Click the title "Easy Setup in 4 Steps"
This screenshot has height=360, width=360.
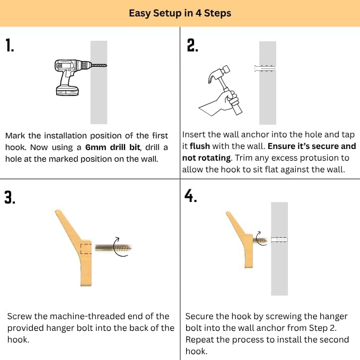tap(180, 13)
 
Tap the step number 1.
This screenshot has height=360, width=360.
tap(10, 45)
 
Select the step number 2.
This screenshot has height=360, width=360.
tap(192, 45)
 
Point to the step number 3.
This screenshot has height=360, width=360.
tap(10, 197)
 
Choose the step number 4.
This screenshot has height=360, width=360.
tap(190, 196)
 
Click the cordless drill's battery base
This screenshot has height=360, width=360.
tap(67, 91)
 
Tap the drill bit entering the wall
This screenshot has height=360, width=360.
tap(99, 65)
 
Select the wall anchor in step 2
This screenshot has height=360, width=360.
tap(265, 68)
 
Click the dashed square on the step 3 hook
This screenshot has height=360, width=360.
tap(86, 249)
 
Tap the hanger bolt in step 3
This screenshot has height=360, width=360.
tap(113, 248)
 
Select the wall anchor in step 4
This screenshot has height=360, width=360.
tap(279, 240)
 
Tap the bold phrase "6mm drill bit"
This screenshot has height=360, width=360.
tap(112, 147)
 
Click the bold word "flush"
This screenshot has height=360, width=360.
tap(200, 146)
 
